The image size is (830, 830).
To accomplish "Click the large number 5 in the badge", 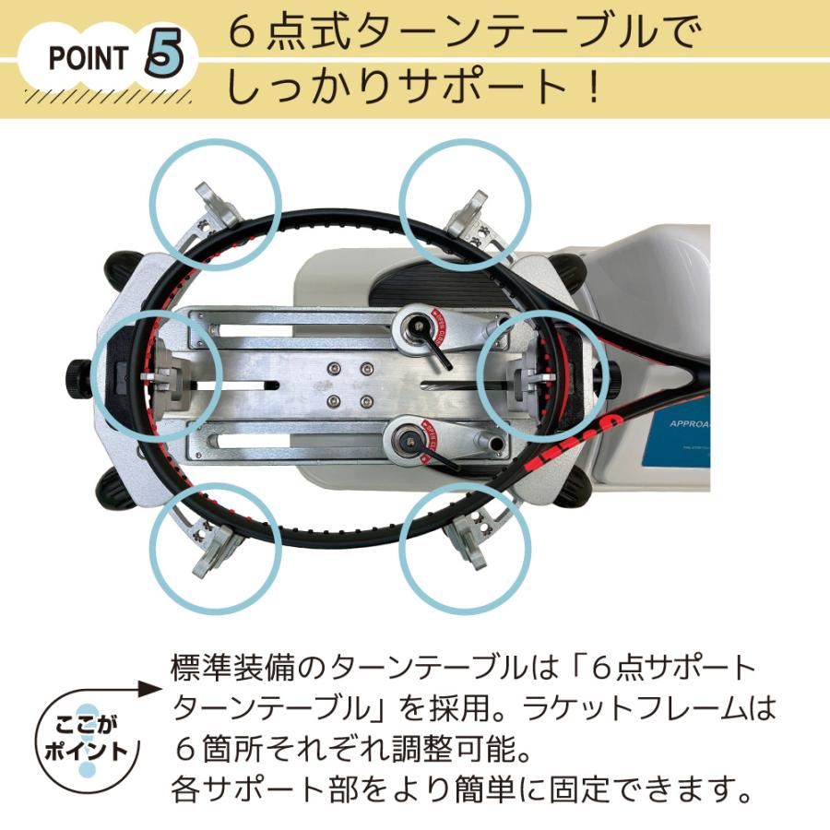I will tap(164, 56).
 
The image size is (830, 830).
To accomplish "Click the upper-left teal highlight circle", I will tap(216, 205).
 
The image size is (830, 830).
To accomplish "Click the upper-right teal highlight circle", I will tap(465, 205).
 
